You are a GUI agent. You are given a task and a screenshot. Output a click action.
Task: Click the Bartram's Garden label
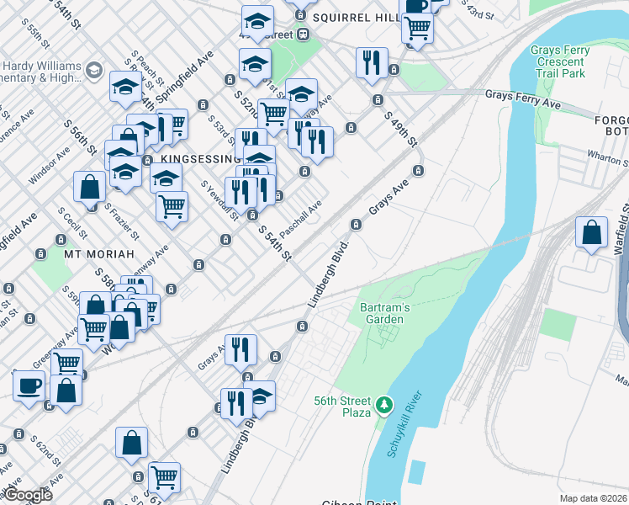[x=385, y=313]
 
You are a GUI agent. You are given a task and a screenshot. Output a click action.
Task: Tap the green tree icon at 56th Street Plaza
[x=384, y=406]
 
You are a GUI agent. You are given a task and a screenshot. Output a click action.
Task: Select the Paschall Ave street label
[x=301, y=218]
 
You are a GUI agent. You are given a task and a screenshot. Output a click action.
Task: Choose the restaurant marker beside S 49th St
[x=372, y=63]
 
